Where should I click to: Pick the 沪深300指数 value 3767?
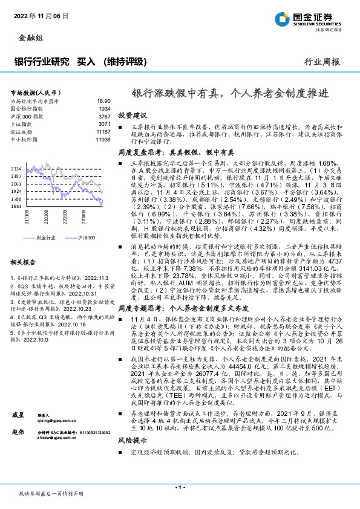coord(105,116)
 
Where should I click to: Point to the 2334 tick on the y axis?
coord(16,168)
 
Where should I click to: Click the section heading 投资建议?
coord(132,114)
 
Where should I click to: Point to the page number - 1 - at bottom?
coord(180,487)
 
